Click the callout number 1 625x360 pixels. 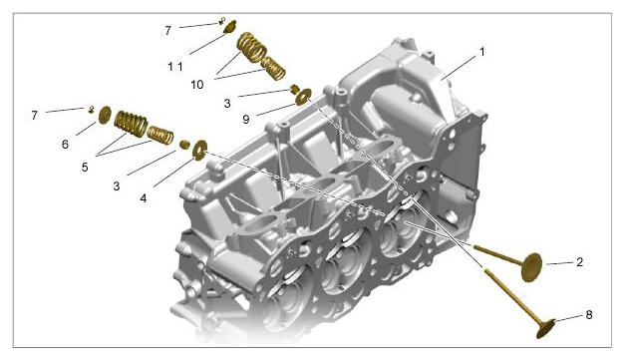tap(482, 52)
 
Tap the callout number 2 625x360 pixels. tap(579, 262)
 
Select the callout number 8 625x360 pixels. tap(589, 315)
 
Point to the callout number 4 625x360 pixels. tap(144, 197)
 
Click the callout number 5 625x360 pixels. tap(85, 168)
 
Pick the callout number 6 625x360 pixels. tap(66, 144)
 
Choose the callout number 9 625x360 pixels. tap(246, 119)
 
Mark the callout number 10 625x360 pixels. tap(197, 85)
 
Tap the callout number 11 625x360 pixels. tap(175, 67)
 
